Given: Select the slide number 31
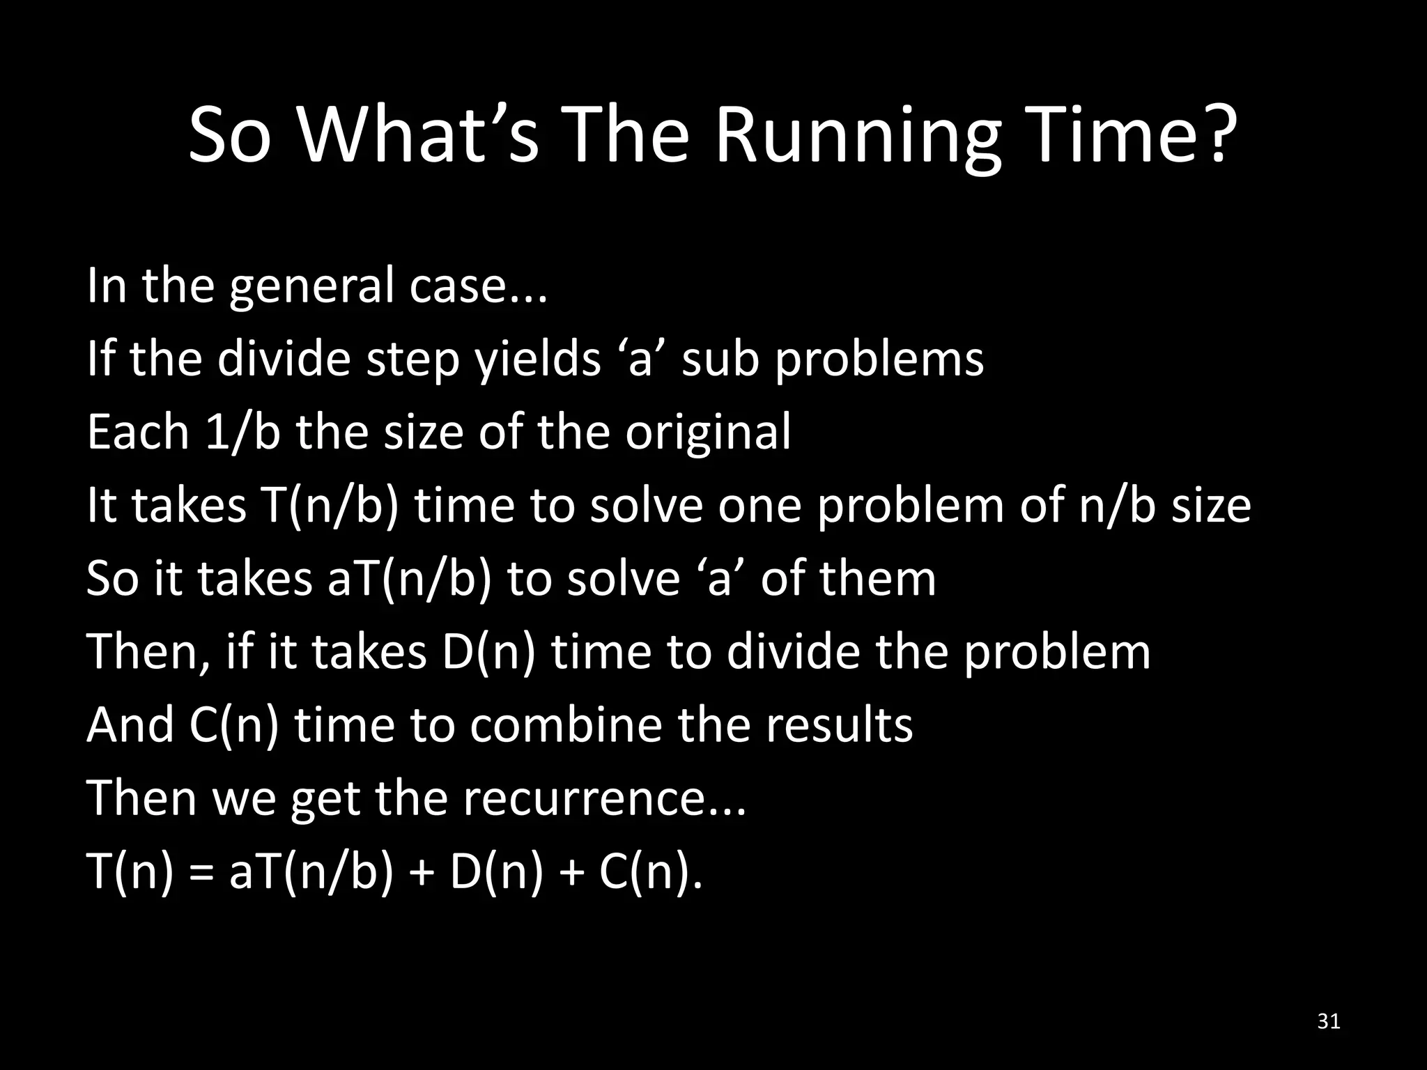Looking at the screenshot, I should [1329, 1022].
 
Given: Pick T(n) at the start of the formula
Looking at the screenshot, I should [130, 872].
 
